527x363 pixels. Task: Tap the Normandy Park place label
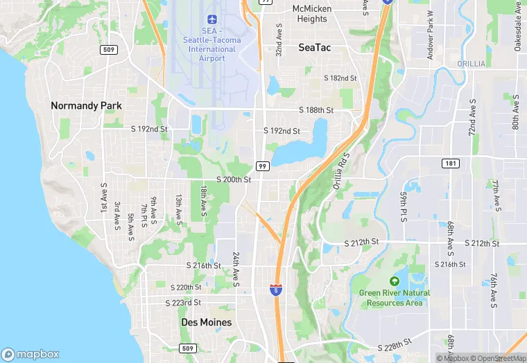click(86, 106)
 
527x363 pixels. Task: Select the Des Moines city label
click(206, 322)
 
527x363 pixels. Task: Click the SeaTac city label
click(316, 48)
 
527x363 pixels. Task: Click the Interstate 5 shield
click(276, 289)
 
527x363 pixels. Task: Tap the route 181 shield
click(451, 163)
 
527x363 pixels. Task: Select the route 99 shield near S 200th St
click(262, 166)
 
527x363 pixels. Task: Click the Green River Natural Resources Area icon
click(395, 281)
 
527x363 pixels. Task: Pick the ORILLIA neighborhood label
click(471, 64)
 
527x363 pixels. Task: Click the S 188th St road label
click(316, 110)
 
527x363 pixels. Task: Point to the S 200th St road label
click(233, 179)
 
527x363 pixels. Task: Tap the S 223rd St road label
click(183, 303)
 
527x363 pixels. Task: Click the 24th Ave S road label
click(236, 269)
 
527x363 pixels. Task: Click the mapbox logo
click(31, 353)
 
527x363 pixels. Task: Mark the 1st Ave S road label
click(104, 197)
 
